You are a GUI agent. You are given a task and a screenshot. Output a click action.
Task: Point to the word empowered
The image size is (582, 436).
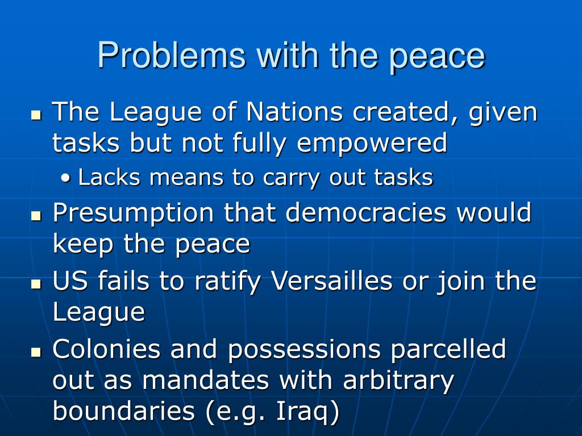click(372, 143)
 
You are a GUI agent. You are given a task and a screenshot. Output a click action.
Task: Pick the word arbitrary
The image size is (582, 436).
click(398, 380)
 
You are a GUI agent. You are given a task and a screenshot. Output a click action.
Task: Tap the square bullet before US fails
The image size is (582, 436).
click(37, 283)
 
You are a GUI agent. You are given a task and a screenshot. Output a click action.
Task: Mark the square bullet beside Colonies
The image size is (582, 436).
click(37, 351)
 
